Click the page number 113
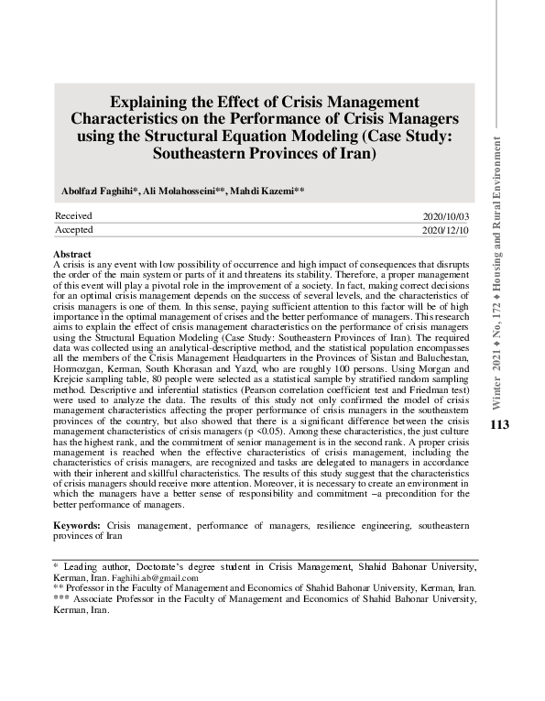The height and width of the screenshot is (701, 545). click(499, 424)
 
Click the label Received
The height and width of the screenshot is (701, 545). click(74, 215)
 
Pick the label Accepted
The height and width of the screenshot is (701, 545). click(74, 229)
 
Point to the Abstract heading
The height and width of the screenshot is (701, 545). click(72, 254)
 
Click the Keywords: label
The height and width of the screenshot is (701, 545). click(77, 525)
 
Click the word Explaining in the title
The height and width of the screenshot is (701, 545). click(155, 102)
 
